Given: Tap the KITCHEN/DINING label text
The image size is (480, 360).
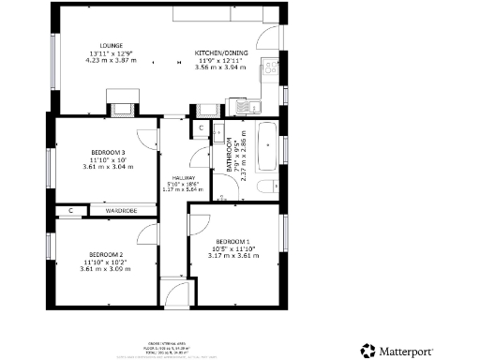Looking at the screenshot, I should click(217, 52).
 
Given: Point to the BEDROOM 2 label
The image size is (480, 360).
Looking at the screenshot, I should click(106, 254).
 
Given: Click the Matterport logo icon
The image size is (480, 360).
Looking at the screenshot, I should click(367, 352).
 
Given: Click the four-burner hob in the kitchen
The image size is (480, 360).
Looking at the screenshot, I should click(271, 67).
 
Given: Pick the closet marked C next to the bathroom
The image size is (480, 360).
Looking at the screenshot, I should click(202, 128).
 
